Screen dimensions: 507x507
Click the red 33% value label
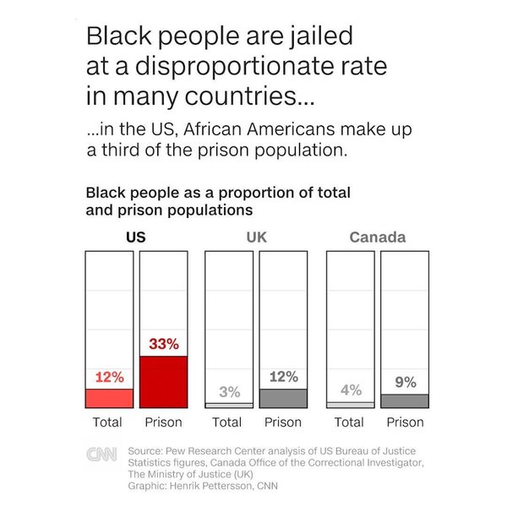(x=163, y=344)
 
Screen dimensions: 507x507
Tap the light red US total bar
(x=109, y=398)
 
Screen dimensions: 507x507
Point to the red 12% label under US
(x=109, y=377)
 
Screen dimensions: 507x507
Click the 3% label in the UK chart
(x=229, y=392)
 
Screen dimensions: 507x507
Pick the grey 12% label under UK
(x=283, y=377)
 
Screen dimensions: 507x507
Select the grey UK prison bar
(x=283, y=398)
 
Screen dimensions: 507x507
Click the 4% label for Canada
(x=351, y=390)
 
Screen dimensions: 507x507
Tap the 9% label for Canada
(x=405, y=382)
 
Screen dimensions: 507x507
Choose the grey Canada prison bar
(x=405, y=401)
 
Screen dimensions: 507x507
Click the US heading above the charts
(x=136, y=237)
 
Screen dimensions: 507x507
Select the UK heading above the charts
(x=256, y=237)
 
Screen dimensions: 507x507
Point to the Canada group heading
(x=377, y=237)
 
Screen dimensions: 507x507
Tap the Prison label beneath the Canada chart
(x=405, y=422)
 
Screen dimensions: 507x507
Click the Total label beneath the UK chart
(x=226, y=422)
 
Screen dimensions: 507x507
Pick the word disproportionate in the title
(x=224, y=67)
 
